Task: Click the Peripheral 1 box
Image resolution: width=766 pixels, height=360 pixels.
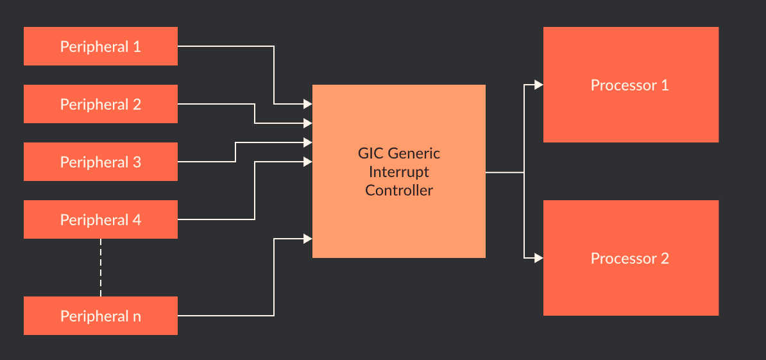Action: point(101,46)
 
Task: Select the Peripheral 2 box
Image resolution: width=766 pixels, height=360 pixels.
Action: point(101,104)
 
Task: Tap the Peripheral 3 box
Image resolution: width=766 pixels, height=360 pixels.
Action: point(101,162)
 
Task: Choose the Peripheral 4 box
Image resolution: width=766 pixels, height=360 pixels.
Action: point(101,219)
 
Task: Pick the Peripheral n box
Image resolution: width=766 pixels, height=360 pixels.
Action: point(101,316)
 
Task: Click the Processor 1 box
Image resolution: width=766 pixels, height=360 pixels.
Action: point(631,85)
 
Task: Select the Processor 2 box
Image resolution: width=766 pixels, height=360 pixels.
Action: point(631,258)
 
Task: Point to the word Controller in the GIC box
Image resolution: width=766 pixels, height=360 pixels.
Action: point(399,191)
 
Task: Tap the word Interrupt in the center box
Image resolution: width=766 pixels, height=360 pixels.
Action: point(399,172)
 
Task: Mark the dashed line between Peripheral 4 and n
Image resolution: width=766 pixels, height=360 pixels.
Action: point(101,268)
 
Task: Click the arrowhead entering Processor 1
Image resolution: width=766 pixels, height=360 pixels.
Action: point(539,85)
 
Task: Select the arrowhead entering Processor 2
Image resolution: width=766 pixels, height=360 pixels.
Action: point(539,258)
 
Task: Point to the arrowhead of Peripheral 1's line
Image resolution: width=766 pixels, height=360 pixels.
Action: point(308,103)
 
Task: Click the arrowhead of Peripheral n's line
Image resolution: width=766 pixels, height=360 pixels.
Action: point(308,239)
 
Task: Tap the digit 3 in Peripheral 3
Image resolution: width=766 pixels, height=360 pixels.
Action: point(137,162)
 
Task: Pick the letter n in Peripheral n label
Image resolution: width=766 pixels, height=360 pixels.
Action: point(137,317)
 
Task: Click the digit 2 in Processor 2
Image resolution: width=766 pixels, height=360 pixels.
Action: point(665,259)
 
